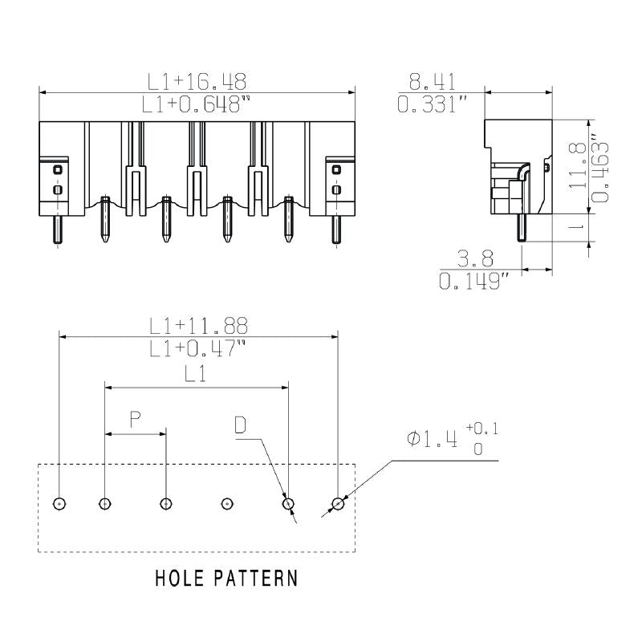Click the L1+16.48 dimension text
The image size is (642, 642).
point(197,81)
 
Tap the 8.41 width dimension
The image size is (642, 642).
point(433,81)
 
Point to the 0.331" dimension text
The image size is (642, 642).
point(433,104)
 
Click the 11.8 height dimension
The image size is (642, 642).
point(575,167)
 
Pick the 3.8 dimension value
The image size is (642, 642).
point(474,258)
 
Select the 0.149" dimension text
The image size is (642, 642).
point(474,282)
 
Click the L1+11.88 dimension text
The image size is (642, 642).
point(198,326)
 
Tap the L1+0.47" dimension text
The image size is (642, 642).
point(198,348)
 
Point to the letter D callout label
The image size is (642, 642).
point(241,425)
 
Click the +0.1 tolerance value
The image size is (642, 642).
point(481,429)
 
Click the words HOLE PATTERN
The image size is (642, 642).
point(226,578)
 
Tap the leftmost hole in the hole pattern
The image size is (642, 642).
point(59,504)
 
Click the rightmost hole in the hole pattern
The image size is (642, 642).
point(338,504)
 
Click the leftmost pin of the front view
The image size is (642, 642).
point(59,230)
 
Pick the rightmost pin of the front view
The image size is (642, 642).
point(336,230)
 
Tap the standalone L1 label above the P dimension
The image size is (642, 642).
point(196,373)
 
